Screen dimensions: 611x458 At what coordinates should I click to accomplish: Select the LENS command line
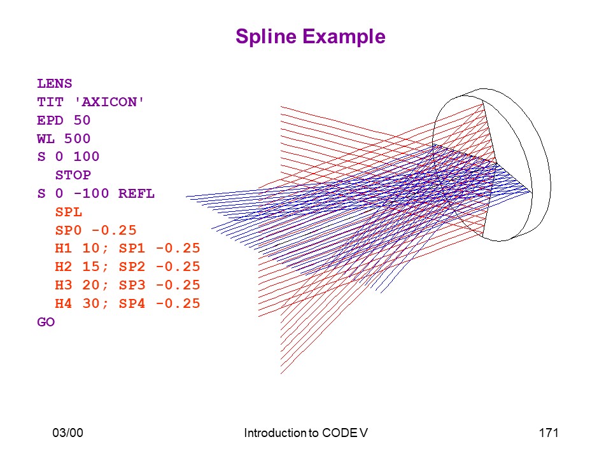tap(55, 84)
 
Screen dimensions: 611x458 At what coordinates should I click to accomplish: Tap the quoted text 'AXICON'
tap(109, 102)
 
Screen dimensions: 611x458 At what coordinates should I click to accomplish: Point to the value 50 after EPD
tap(82, 120)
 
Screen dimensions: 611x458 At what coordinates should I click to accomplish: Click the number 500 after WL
tap(77, 139)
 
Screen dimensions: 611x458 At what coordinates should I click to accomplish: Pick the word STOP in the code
tap(73, 176)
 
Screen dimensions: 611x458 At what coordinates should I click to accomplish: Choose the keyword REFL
tap(136, 193)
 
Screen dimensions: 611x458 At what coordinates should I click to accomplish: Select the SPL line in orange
tap(69, 212)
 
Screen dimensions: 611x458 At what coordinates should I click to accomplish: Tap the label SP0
tap(69, 230)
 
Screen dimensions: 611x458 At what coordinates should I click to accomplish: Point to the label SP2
tap(132, 267)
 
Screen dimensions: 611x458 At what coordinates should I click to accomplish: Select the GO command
tap(46, 322)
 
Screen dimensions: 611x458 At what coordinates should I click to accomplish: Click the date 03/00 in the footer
tap(68, 433)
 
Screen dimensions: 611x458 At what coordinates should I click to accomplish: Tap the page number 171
tap(549, 433)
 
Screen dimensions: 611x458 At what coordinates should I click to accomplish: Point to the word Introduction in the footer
tap(275, 433)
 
